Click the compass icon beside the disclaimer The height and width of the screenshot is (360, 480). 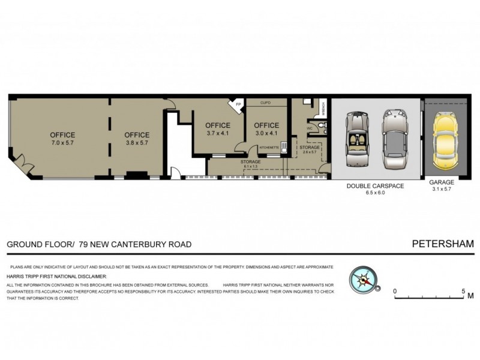pyautogui.click(x=363, y=280)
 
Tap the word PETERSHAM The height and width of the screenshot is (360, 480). pyautogui.click(x=443, y=244)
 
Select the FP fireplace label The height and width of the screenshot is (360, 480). pyautogui.click(x=238, y=106)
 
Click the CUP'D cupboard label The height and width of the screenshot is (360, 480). pyautogui.click(x=266, y=103)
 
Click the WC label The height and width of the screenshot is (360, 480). pyautogui.click(x=310, y=128)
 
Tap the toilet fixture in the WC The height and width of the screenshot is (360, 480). pyautogui.click(x=322, y=126)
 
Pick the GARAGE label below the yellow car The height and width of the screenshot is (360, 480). pyautogui.click(x=441, y=182)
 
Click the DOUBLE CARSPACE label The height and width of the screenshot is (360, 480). pyautogui.click(x=375, y=186)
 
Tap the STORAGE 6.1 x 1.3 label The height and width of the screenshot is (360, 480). pyautogui.click(x=250, y=163)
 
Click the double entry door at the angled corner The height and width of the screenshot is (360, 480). pyautogui.click(x=22, y=162)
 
